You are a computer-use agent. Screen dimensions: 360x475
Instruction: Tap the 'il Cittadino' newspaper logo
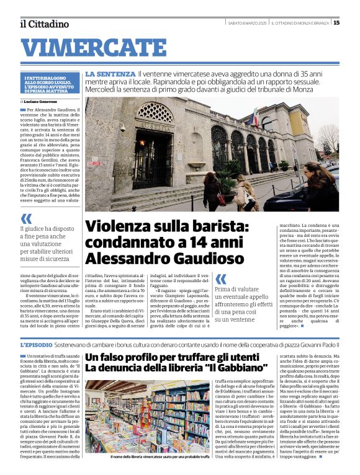coord(44,24)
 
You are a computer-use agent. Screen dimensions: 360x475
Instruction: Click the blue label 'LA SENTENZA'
coord(110,74)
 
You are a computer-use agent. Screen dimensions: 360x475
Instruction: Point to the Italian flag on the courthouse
coord(254,117)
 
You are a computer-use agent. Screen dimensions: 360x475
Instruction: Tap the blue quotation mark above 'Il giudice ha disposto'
coord(26,218)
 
